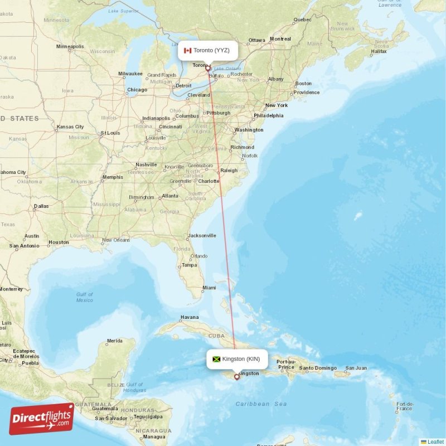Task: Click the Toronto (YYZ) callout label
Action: pos(207,51)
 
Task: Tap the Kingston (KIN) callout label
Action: pos(236,358)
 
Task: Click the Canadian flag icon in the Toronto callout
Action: pos(187,51)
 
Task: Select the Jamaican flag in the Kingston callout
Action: pos(216,359)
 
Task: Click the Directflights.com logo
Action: pos(42,419)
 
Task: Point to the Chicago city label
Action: pos(137,90)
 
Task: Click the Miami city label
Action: pos(209,288)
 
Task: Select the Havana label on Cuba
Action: pos(189,318)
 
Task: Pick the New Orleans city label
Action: pos(116,240)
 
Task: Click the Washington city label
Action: pos(249,130)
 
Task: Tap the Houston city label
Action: pos(59,243)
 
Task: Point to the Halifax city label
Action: pos(379,51)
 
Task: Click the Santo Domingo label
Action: pos(318,368)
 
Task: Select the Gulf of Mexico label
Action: pos(85,297)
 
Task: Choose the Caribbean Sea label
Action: pos(260,404)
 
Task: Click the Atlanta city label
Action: pos(170,196)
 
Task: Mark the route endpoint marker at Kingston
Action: pos(237,377)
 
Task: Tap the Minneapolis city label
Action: pos(70,46)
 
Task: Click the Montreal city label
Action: pos(280,39)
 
